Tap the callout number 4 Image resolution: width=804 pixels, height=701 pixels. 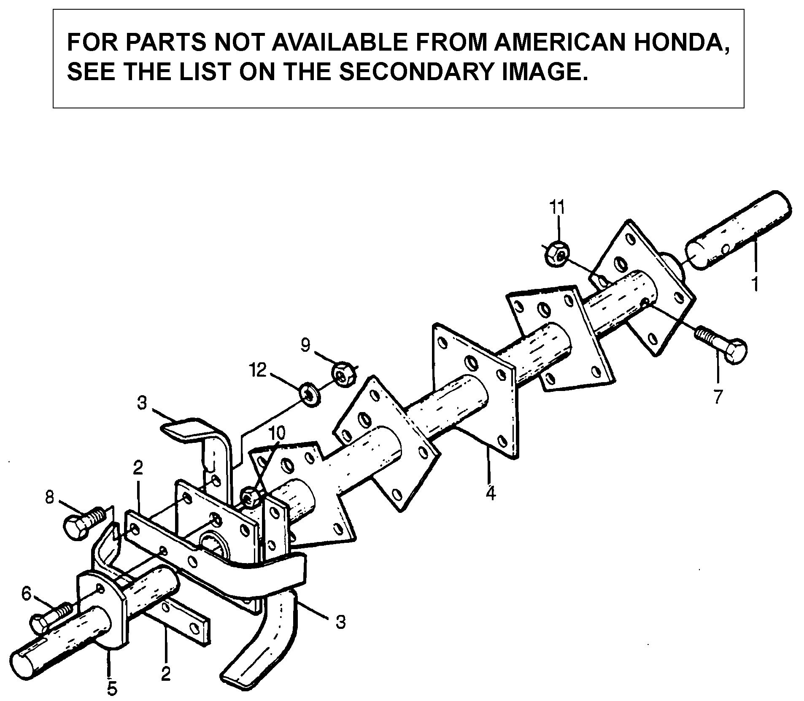pos(490,492)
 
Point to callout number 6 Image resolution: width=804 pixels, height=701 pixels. pos(27,594)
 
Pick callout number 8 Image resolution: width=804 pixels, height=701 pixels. pos(50,498)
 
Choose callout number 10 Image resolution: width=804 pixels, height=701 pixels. pos(277,432)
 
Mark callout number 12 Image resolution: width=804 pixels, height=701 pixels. pos(258,370)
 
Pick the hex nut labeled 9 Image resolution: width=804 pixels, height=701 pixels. pos(343,373)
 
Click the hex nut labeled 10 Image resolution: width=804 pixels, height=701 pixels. pos(250,497)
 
